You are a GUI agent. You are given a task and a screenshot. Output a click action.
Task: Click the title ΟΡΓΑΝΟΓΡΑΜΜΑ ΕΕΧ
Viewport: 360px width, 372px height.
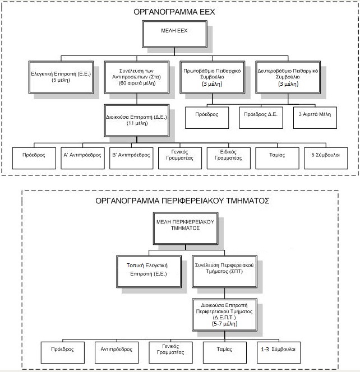(179, 12)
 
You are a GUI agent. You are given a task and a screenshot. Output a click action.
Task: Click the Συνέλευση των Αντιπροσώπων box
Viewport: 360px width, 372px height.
(137, 76)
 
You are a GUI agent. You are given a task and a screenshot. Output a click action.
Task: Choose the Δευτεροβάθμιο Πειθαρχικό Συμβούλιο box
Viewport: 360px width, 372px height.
(287, 76)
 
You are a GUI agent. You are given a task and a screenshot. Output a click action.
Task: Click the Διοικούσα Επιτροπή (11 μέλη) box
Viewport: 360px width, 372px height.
(137, 119)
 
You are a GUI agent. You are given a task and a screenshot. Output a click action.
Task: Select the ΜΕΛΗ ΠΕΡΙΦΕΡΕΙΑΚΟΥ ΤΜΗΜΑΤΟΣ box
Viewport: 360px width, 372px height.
(179, 225)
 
